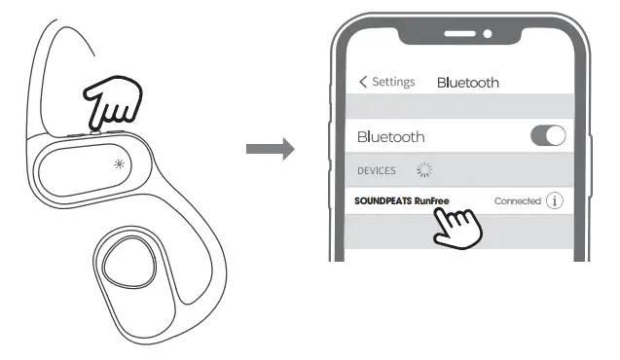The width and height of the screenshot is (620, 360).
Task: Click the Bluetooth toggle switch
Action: point(548,136)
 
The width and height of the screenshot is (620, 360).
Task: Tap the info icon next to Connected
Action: point(555,200)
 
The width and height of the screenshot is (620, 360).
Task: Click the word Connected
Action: point(517,201)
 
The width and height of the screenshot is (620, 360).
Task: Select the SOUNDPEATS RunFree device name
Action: point(402,201)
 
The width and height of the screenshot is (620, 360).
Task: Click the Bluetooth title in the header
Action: point(467,83)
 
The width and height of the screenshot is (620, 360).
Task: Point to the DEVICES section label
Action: point(377,170)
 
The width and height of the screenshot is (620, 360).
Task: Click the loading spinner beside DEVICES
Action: point(423,170)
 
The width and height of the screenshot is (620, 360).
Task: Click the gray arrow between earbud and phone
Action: point(270,149)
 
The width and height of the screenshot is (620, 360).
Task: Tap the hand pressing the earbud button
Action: point(114,102)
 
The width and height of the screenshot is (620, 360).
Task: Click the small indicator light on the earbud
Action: point(119,162)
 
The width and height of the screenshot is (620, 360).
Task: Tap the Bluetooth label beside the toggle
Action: point(390,137)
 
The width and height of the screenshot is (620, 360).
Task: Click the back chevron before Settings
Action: point(364,82)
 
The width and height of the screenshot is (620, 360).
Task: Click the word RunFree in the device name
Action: point(432,201)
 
